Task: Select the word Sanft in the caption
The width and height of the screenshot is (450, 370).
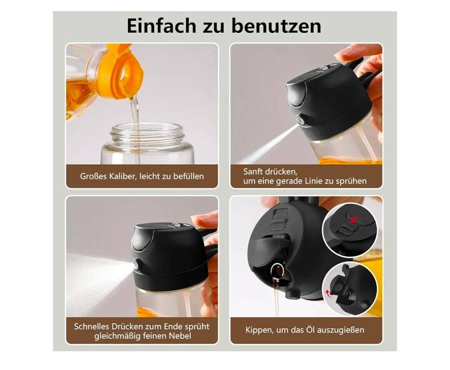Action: click(x=254, y=171)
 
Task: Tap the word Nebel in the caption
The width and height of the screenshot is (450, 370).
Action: click(x=180, y=335)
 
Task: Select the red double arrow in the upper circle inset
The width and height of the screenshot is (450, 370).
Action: click(x=354, y=220)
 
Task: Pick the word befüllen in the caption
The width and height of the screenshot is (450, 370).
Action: click(x=188, y=176)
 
